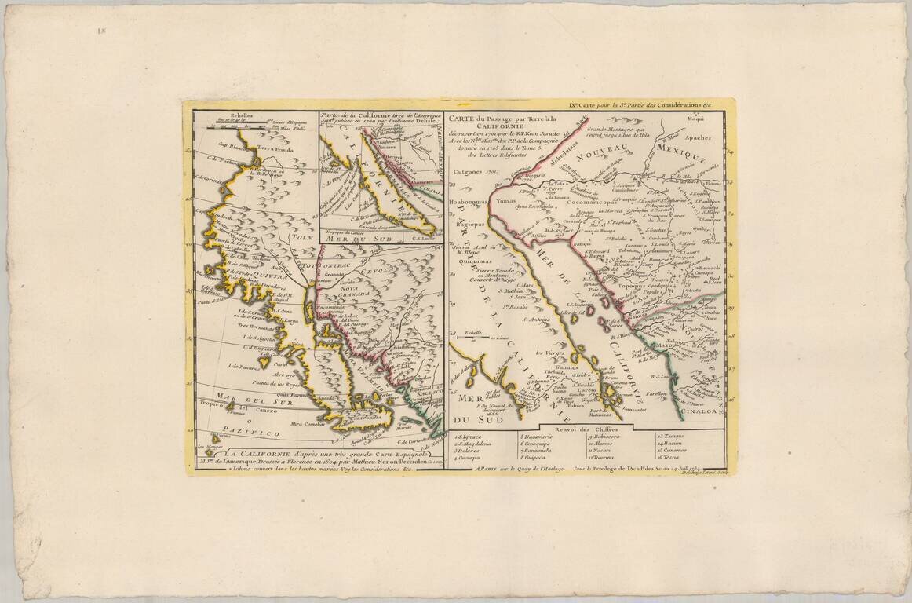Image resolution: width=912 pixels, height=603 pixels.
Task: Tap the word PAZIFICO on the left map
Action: [x=250, y=433]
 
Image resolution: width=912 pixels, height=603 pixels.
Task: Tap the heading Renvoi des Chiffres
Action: [x=586, y=430]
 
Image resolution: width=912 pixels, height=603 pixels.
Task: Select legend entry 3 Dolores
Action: [x=471, y=451]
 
